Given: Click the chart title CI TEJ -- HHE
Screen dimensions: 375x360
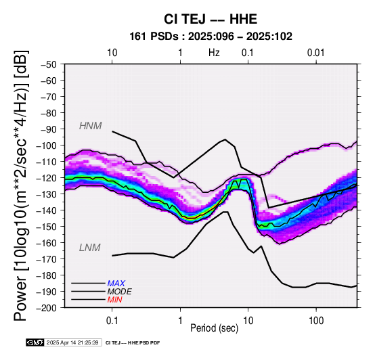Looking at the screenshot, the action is tap(211, 19).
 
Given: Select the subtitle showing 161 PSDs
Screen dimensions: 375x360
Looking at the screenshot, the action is tap(211, 37).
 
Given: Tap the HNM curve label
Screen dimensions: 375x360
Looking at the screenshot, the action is tap(91, 126).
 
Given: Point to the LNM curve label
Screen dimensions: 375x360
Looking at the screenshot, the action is tap(89, 248).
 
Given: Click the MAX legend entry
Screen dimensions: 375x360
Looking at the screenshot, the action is tap(116, 284).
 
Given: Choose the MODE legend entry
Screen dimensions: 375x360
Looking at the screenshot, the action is tap(119, 292).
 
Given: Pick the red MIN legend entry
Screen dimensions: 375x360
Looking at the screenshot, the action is tap(114, 300).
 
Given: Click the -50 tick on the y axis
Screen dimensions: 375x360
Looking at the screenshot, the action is tap(49, 64).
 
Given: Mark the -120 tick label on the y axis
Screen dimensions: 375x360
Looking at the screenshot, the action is tap(46, 178).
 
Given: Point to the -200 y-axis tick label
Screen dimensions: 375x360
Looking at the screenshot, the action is tap(46, 308).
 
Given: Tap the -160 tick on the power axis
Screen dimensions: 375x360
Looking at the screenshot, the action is tap(46, 243).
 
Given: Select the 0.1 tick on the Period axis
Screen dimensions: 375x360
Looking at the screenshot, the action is tap(112, 321).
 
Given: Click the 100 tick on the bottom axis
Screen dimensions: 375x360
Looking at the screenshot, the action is tap(316, 321).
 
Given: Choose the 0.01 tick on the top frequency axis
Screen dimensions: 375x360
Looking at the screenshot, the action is tap(315, 53).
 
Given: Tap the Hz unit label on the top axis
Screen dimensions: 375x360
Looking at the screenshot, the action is tap(214, 53).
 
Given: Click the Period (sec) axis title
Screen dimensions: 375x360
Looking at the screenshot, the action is tap(215, 328).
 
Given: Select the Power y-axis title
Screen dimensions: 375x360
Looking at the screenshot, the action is tap(21, 185).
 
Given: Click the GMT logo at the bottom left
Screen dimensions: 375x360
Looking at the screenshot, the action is tap(35, 342).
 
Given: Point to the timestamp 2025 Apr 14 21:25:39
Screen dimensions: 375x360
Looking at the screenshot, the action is tap(72, 343).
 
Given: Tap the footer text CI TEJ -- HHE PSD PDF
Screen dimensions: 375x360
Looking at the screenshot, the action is tap(133, 343).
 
